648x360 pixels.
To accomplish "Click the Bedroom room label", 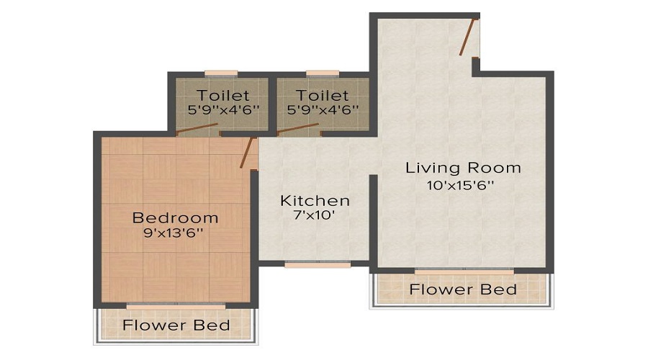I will click(175, 217).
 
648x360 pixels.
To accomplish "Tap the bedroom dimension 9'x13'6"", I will click(175, 233).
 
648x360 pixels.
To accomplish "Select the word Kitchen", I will click(315, 200).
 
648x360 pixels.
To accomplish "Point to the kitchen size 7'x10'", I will click(315, 215).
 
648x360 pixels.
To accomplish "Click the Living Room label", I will click(463, 168).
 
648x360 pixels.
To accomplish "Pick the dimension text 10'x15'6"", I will click(463, 184).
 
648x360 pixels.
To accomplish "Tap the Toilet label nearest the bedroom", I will click(223, 95).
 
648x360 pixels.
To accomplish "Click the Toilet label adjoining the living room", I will click(323, 95).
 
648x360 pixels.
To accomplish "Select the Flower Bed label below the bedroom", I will click(176, 325).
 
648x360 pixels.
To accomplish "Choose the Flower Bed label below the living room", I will click(463, 289).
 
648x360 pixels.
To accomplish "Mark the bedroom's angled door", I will click(247, 153).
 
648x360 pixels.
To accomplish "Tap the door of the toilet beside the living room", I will click(298, 130).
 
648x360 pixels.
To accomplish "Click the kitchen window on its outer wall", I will click(318, 264).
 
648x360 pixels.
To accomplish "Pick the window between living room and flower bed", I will click(464, 271).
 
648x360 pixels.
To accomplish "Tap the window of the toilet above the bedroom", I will click(221, 73).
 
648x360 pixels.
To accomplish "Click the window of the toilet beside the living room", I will click(323, 73).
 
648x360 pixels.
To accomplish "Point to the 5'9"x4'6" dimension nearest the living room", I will click(323, 110).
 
